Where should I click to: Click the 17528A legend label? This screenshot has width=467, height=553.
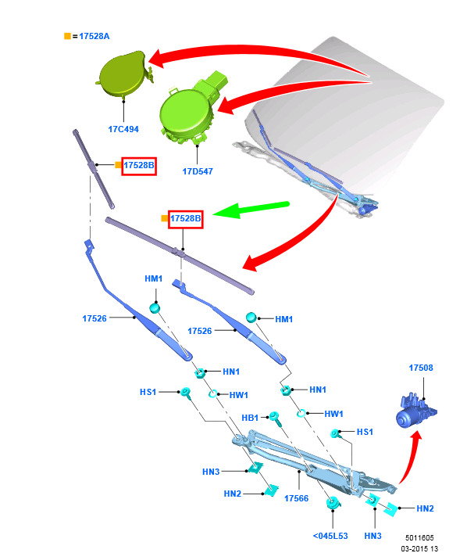point(94,36)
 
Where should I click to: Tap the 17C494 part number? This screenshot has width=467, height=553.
point(123,129)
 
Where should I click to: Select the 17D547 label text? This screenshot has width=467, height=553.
point(198,171)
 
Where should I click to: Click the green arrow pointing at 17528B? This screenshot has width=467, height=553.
point(251,210)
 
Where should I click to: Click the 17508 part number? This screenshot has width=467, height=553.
point(421,368)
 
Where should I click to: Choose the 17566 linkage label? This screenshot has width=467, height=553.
point(296,498)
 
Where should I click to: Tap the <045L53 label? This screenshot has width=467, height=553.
point(330,536)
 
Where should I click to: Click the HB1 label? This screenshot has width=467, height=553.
point(250,418)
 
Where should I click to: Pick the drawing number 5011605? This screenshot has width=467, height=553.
point(419,538)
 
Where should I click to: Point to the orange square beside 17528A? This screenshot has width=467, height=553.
point(67,36)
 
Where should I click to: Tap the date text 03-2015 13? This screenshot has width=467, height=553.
point(419,548)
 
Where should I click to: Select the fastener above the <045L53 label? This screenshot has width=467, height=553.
point(333,503)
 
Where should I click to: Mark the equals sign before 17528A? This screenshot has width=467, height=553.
point(75,36)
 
